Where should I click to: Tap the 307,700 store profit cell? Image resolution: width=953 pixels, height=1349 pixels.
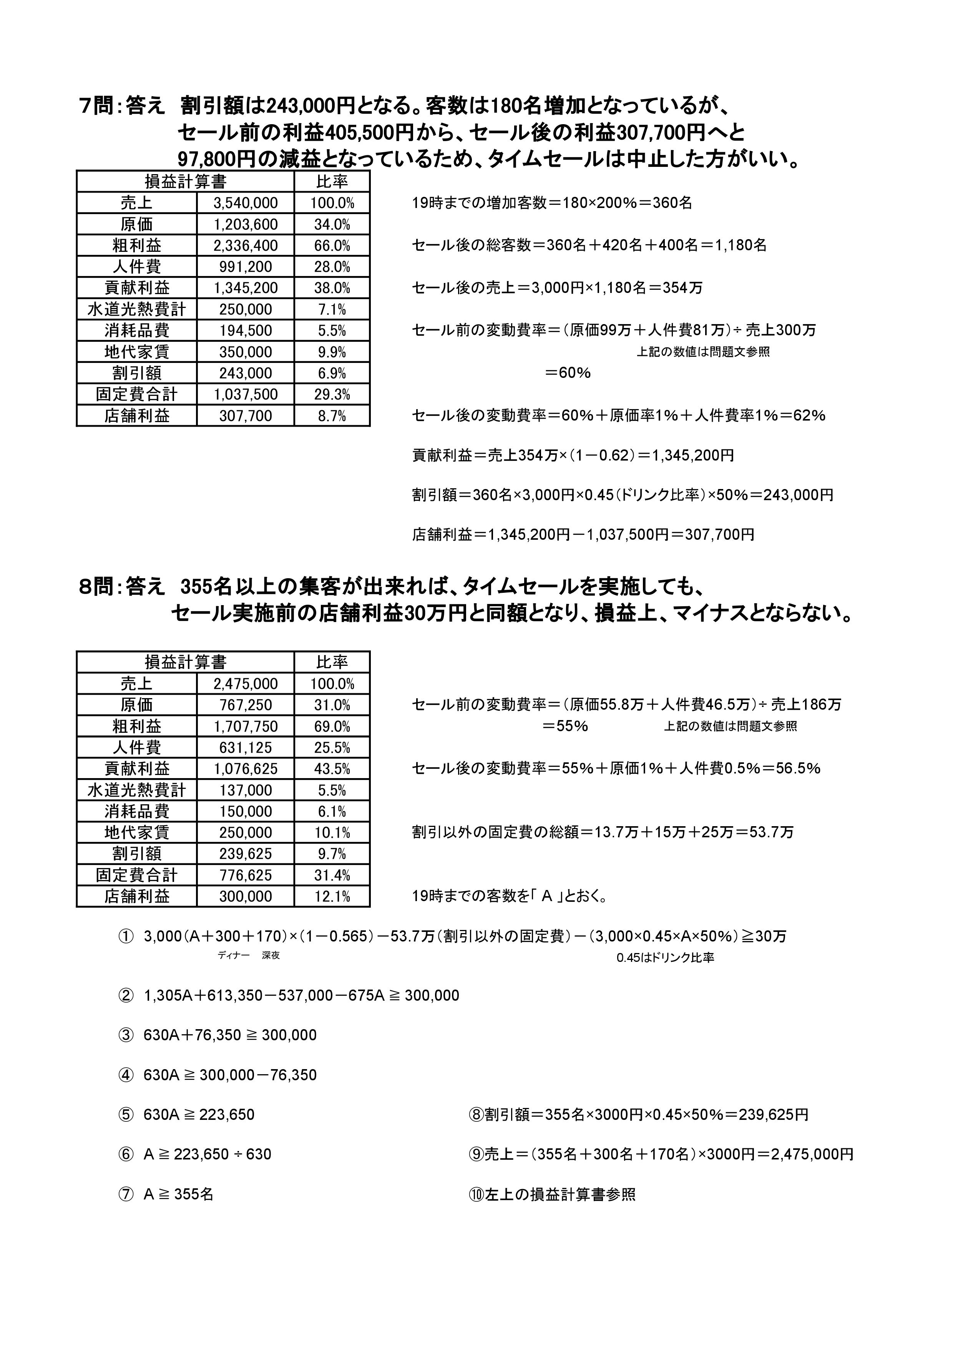(246, 416)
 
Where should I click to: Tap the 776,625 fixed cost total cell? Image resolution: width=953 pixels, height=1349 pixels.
(246, 875)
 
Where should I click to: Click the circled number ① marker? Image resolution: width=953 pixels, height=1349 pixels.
(126, 936)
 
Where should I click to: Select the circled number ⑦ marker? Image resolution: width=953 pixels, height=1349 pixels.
(126, 1194)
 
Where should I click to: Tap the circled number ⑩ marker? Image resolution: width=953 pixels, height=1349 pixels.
(476, 1194)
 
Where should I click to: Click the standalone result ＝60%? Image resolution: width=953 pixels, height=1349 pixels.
(567, 373)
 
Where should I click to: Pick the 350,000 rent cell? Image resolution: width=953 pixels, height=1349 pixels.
(246, 352)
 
